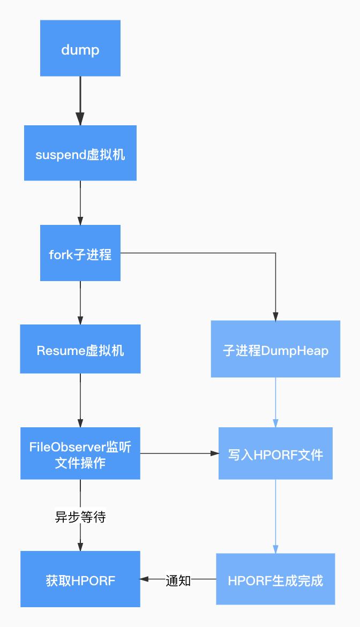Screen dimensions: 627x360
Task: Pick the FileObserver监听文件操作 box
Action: [x=80, y=453]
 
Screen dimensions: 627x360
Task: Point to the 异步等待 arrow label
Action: [x=80, y=517]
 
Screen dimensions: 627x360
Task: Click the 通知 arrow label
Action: [x=178, y=580]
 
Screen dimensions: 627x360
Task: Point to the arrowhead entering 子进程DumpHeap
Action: [x=275, y=316]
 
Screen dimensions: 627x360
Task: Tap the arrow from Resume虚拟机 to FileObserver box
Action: [x=80, y=400]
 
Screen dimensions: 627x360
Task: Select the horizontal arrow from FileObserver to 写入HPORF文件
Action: [x=179, y=454]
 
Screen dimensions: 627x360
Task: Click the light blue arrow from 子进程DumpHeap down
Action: [x=275, y=402]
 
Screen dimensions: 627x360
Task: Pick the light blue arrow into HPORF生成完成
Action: [x=275, y=517]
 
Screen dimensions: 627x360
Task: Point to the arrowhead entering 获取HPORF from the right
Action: [x=144, y=579]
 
